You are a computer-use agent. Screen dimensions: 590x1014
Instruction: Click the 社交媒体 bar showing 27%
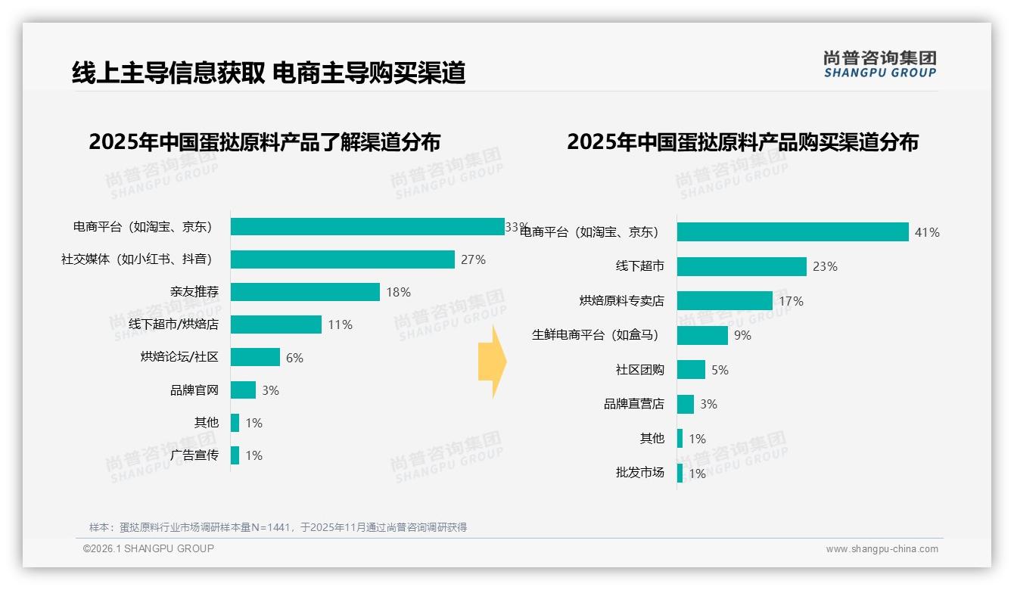pos(342,259)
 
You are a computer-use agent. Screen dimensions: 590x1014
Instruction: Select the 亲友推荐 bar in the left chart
pos(305,292)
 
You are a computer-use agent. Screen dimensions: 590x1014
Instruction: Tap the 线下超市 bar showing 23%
pos(742,266)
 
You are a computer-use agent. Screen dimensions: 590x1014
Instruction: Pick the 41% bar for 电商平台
pos(792,232)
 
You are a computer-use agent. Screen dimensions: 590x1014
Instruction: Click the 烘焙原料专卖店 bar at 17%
pos(724,301)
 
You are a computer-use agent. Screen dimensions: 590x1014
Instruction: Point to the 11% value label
pos(340,325)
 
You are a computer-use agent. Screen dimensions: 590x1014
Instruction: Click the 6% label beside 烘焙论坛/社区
pos(294,358)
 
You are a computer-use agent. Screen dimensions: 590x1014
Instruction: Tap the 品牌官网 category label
pos(194,390)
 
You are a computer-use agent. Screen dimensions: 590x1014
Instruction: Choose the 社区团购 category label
pos(639,370)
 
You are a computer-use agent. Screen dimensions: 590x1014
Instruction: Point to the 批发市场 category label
pos(639,473)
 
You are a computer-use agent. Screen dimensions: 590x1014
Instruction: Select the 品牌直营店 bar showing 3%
pos(685,404)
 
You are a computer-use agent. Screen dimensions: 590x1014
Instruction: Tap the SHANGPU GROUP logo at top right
pos(879,64)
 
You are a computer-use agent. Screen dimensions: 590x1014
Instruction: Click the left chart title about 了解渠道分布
pos(264,141)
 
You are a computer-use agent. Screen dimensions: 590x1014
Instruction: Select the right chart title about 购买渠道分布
pos(742,141)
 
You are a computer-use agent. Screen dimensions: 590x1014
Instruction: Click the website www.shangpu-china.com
pos(882,549)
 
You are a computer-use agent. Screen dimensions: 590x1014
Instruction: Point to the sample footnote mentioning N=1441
pos(278,527)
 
